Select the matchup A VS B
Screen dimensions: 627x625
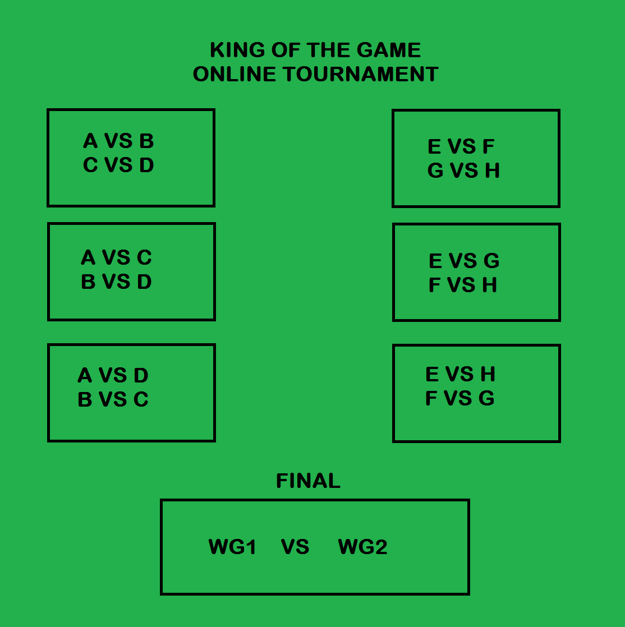click(118, 141)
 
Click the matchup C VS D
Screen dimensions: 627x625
click(118, 165)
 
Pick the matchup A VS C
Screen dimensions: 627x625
click(116, 258)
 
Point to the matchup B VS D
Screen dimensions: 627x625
click(116, 282)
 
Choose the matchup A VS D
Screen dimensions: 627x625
click(113, 375)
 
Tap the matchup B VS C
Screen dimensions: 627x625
click(113, 400)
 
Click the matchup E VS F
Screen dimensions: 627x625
click(461, 147)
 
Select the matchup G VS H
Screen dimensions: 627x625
click(463, 171)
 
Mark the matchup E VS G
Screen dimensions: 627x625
click(464, 261)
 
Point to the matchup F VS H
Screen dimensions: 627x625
click(463, 285)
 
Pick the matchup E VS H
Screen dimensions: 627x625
click(461, 374)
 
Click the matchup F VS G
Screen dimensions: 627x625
click(459, 399)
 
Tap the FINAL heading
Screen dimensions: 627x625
click(308, 481)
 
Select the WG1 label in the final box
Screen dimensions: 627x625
click(232, 547)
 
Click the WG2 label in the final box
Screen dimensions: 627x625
click(362, 547)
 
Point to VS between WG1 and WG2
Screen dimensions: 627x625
click(295, 547)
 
